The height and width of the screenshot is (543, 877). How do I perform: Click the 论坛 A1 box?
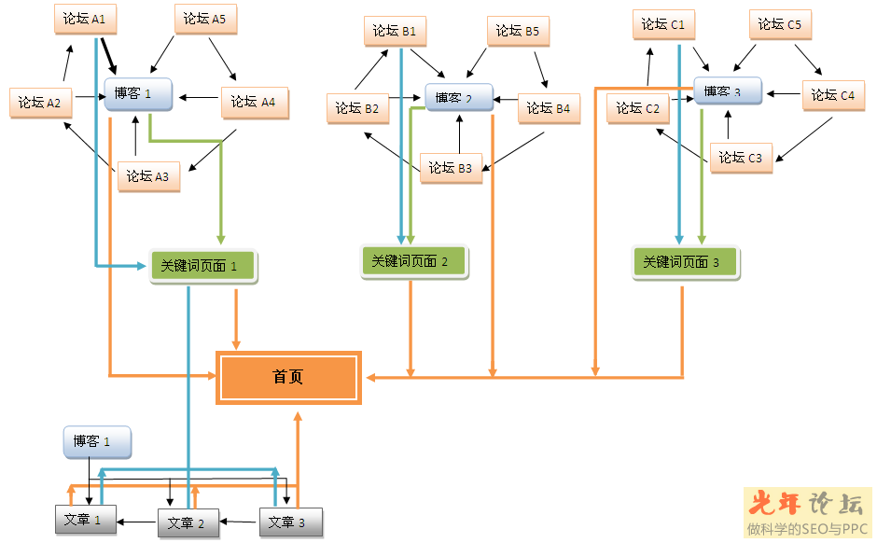point(85,19)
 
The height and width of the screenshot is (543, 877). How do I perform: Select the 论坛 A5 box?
point(204,19)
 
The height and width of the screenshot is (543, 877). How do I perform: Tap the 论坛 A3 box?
point(148,175)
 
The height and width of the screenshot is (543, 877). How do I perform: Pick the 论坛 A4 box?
point(254,102)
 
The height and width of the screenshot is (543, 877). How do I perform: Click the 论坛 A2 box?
point(40,103)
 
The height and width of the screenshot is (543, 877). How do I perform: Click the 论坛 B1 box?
point(394,31)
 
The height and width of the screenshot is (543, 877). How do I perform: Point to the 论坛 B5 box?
point(517,31)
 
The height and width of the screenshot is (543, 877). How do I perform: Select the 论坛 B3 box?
point(451,168)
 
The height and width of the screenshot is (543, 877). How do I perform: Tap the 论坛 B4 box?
point(548,108)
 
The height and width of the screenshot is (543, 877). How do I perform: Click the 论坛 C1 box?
point(663,24)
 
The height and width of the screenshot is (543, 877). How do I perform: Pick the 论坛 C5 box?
point(780,24)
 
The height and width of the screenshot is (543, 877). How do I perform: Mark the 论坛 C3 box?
point(740,158)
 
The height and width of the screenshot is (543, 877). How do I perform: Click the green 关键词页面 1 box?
point(202,266)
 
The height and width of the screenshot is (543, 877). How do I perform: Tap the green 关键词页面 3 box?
point(685,262)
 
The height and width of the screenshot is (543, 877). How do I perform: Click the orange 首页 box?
point(288,378)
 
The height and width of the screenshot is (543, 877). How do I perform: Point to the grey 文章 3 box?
point(289,522)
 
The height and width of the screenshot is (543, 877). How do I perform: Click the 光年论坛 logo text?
point(807,505)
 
